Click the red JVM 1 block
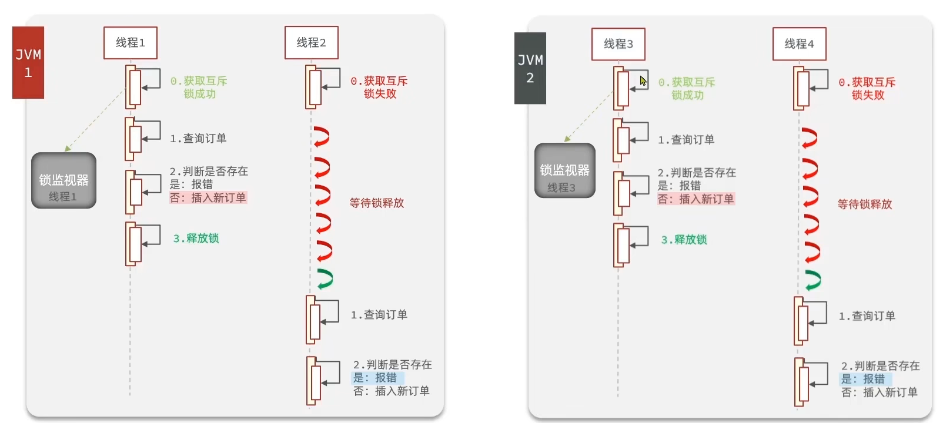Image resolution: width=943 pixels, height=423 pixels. (x=28, y=62)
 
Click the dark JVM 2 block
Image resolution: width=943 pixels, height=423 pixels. (x=530, y=68)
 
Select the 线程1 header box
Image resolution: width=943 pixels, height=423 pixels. (x=130, y=42)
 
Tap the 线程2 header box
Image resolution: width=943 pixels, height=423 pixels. (x=311, y=42)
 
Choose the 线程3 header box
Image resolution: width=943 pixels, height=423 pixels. (x=618, y=43)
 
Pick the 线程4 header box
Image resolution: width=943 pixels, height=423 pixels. (x=799, y=43)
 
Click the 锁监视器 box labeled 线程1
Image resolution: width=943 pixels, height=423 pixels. (x=63, y=180)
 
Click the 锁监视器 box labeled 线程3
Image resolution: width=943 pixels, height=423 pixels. (x=564, y=170)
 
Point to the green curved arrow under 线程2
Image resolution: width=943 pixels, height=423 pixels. (x=325, y=278)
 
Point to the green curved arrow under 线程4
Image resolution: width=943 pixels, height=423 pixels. (x=812, y=280)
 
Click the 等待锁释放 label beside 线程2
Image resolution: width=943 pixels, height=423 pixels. (x=376, y=203)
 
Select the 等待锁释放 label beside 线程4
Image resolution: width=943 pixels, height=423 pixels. (x=864, y=204)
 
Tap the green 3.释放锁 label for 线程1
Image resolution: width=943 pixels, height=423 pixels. (x=196, y=239)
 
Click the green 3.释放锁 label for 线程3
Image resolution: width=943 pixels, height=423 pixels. (x=684, y=240)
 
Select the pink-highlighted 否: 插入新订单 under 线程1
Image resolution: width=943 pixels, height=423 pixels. (x=208, y=198)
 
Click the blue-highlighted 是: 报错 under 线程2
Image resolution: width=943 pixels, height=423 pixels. (x=377, y=378)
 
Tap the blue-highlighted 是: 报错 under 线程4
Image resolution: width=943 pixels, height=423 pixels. (x=865, y=379)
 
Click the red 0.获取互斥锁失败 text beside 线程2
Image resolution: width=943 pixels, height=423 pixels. (x=379, y=87)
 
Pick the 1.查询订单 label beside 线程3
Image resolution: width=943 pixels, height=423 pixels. (x=686, y=140)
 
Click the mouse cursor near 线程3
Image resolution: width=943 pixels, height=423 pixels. (x=643, y=80)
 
